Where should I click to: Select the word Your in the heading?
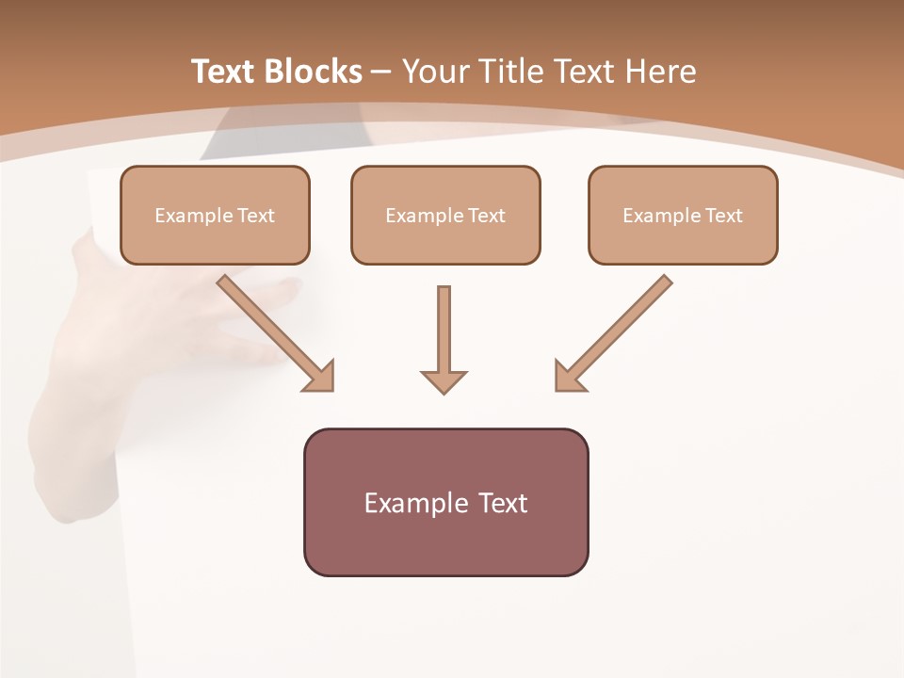coord(437,72)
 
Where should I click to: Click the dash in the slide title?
coord(381,72)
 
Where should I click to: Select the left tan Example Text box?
coord(215,216)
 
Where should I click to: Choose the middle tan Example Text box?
coord(445,216)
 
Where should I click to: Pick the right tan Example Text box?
coord(683,216)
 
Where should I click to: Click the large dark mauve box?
coord(445,541)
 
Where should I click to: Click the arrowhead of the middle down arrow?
coord(444,381)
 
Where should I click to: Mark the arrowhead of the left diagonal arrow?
coord(320,377)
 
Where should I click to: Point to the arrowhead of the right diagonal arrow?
coord(568,377)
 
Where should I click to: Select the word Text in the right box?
coord(724,216)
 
